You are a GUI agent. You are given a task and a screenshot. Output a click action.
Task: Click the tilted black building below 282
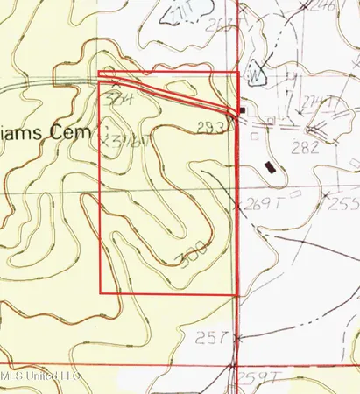[271, 165]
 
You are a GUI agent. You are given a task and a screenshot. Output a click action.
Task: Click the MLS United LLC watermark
[40, 375]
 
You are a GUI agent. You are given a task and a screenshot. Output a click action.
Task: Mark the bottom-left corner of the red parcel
[102, 293]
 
